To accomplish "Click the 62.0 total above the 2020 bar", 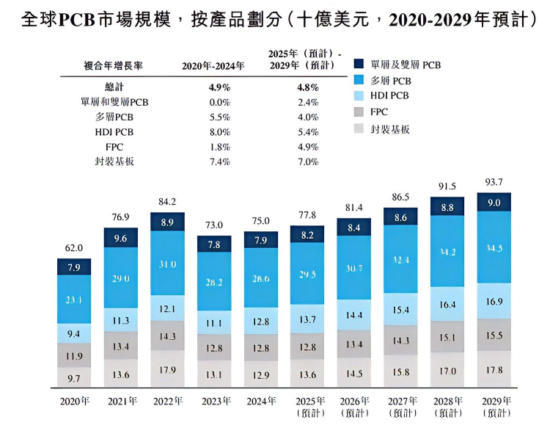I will (x=73, y=249).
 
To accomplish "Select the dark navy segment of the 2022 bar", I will (x=167, y=222).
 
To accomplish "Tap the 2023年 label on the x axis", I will (x=213, y=401).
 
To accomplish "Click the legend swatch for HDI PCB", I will (x=359, y=96).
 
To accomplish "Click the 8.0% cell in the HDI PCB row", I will (x=220, y=132).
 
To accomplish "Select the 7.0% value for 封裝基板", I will (x=308, y=161).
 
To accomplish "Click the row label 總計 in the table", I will (x=115, y=87).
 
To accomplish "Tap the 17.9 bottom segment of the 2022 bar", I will (x=167, y=370).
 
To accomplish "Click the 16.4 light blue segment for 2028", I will (x=447, y=305).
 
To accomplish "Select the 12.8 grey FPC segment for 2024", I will (x=260, y=347).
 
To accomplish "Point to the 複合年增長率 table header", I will (x=114, y=66).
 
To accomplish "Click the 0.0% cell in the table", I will (x=220, y=103).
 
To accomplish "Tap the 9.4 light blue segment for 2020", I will (x=73, y=334).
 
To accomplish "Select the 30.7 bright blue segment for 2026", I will (x=354, y=268).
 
